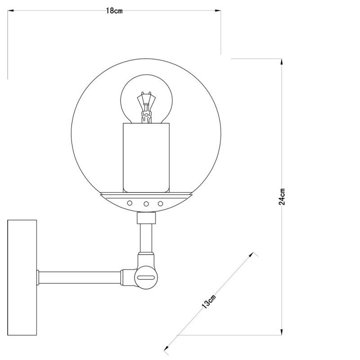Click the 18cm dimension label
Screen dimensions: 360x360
pyautogui.click(x=114, y=11)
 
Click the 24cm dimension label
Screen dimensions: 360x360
pyautogui.click(x=282, y=196)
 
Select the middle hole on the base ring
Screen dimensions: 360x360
pyautogui.click(x=146, y=203)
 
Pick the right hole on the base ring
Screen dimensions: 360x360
pyautogui.click(x=161, y=203)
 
